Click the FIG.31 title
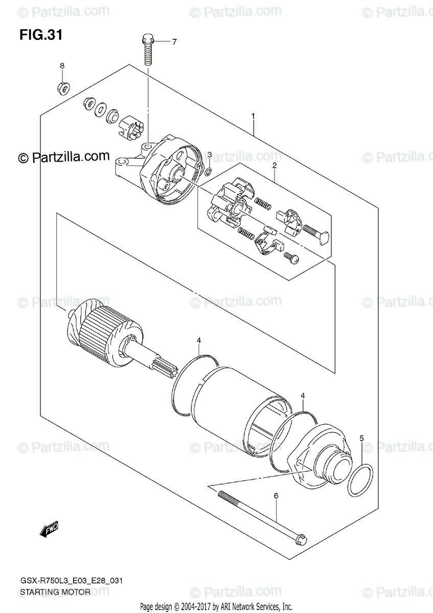[x=41, y=35]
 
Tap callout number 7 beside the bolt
[x=174, y=42]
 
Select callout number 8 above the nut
[x=62, y=66]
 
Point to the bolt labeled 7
[x=148, y=53]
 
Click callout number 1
[x=253, y=117]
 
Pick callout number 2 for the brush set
[x=275, y=166]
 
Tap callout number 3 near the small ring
[x=209, y=155]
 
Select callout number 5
[x=361, y=438]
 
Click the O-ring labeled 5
[x=361, y=480]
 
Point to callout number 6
[x=276, y=496]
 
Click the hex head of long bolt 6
[x=302, y=539]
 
